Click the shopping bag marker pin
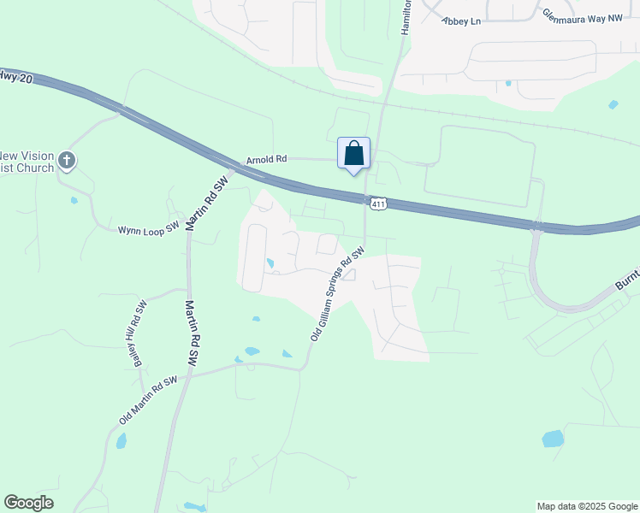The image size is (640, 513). coord(354,155)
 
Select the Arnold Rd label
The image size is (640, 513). coord(266,159)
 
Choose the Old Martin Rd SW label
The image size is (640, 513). coord(148,400)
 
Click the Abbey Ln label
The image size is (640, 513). coord(461,21)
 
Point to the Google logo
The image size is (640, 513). coord(28,503)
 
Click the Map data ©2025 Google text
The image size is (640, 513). coord(586,506)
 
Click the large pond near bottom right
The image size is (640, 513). coord(554,439)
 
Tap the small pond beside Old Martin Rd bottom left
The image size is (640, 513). coord(121,441)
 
